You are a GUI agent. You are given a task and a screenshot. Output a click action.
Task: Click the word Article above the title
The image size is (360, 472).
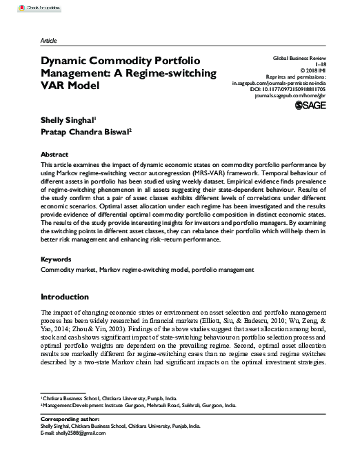coord(50,40)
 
